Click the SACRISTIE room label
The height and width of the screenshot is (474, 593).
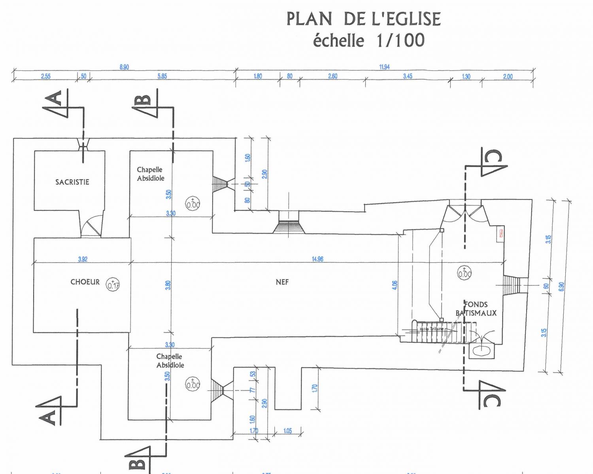(x=72, y=182)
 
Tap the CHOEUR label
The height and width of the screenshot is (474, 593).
(x=85, y=282)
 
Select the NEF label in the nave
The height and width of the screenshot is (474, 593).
(x=282, y=282)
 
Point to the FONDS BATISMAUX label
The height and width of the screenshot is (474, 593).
(x=476, y=309)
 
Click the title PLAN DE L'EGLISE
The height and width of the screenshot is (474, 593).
(x=363, y=19)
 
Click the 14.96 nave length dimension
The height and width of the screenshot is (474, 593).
(x=317, y=259)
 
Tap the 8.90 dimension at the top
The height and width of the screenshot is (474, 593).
(x=124, y=67)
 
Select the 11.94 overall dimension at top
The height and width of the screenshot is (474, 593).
(x=384, y=67)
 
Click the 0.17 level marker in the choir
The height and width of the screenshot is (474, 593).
(x=113, y=284)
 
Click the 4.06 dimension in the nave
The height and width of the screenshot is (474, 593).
(x=395, y=285)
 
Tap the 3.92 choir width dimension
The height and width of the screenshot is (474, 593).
(x=83, y=260)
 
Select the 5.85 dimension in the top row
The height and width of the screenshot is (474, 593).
(x=162, y=76)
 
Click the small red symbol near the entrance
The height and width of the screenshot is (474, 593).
(x=501, y=233)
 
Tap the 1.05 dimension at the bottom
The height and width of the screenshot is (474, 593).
(x=287, y=431)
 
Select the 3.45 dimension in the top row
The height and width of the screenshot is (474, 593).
(x=408, y=76)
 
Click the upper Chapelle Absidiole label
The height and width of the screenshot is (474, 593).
(x=150, y=174)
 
